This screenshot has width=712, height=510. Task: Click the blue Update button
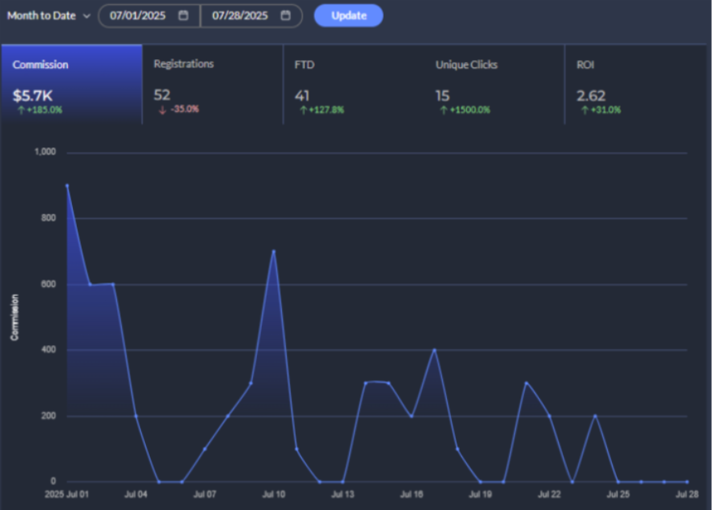click(x=348, y=15)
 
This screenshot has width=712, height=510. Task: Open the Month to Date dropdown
click(x=49, y=16)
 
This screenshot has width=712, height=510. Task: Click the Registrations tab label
click(x=183, y=64)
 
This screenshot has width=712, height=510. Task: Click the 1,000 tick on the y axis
click(x=46, y=152)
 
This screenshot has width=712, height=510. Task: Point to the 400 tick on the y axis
click(x=50, y=350)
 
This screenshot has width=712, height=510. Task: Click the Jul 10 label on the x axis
click(x=274, y=495)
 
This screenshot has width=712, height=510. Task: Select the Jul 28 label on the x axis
click(x=688, y=495)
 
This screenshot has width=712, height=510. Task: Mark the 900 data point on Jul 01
click(x=66, y=185)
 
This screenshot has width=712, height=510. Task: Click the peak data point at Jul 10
click(x=274, y=251)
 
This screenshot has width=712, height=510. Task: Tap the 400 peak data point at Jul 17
click(x=434, y=350)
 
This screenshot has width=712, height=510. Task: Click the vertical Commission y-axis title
click(x=14, y=318)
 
